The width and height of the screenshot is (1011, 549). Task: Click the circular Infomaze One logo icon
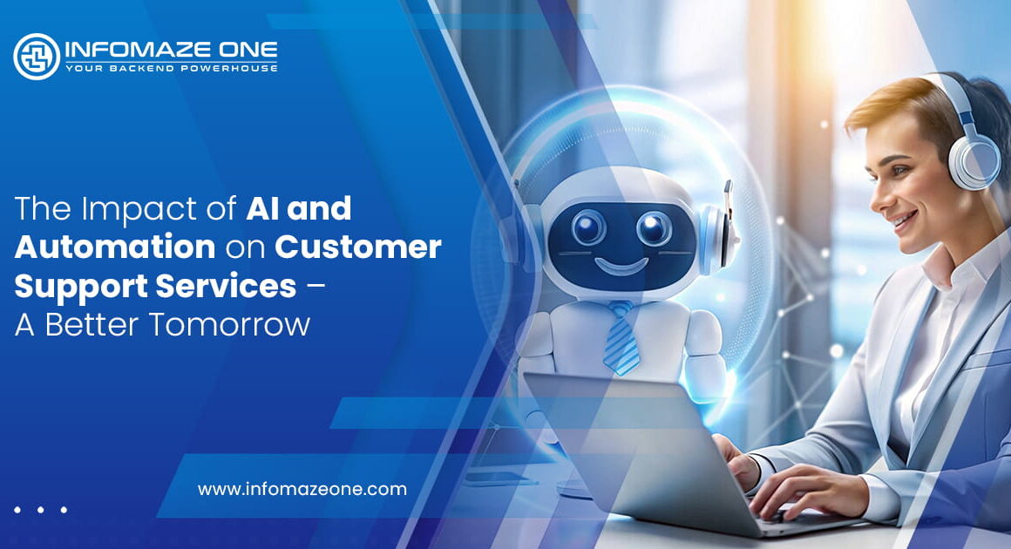[37, 57]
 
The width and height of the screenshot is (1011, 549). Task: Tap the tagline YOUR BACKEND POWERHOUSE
[171, 68]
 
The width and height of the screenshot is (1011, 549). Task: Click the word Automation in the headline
[115, 247]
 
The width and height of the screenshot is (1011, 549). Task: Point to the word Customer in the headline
[358, 247]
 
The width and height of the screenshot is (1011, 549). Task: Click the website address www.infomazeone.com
[302, 489]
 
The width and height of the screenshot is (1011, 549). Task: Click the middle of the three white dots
[40, 510]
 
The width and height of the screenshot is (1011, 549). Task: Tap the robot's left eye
[588, 228]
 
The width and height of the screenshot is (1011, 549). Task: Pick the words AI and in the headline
[299, 209]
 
